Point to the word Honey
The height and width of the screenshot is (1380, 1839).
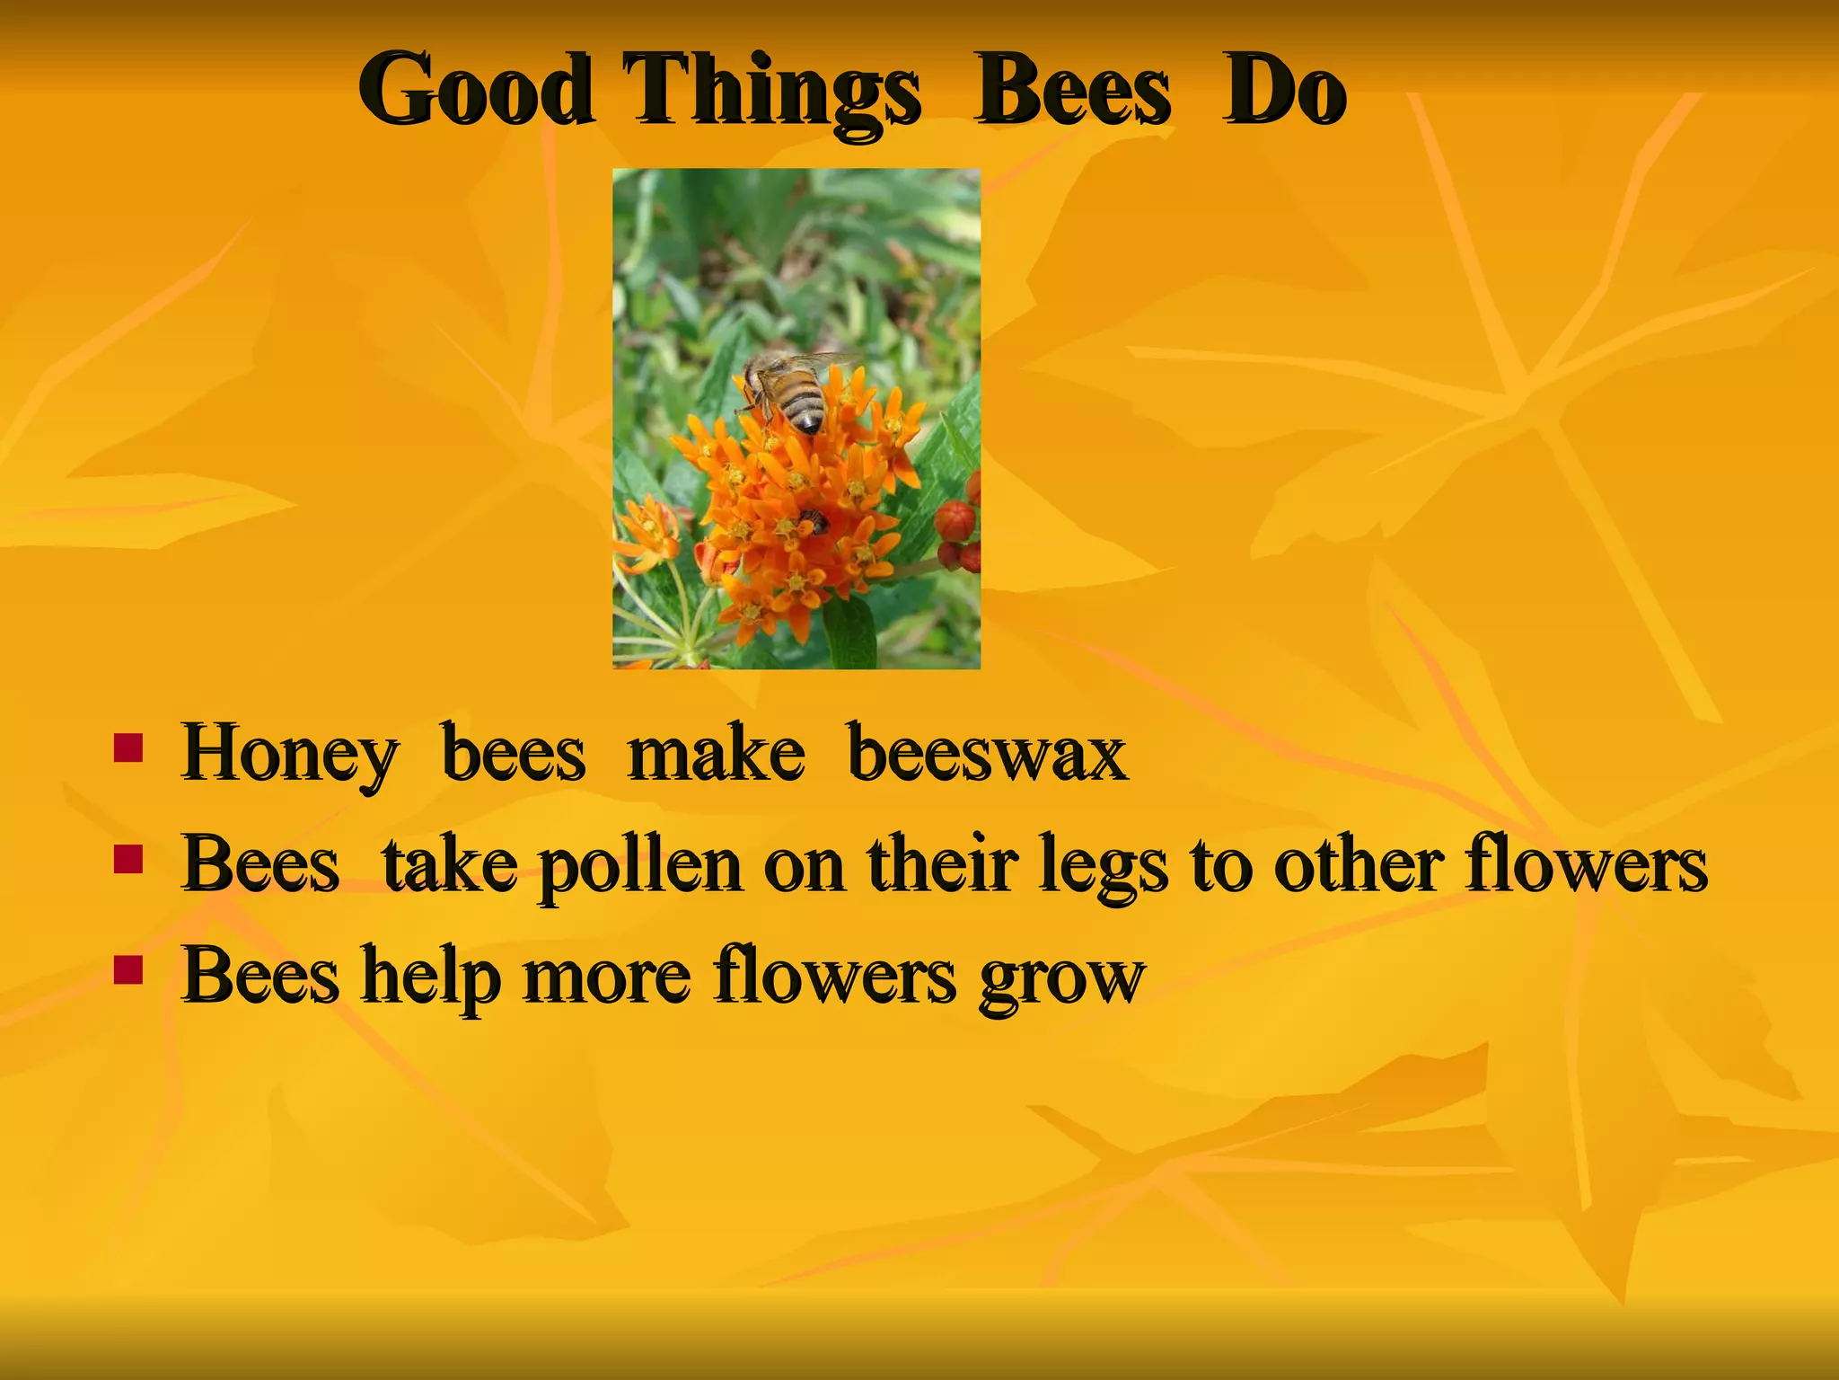point(289,755)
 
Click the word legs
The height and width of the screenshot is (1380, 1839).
point(1104,866)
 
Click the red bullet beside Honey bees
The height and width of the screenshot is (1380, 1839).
point(128,748)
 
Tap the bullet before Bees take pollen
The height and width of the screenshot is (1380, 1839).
point(128,860)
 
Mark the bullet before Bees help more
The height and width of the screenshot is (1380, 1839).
point(128,971)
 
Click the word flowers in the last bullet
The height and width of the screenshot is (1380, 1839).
point(835,976)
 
